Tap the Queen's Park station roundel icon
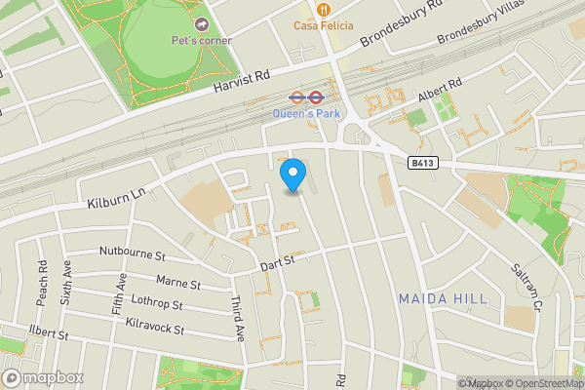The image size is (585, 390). [x=299, y=97]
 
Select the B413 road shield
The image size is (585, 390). [x=421, y=164]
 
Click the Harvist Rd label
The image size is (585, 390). [x=241, y=81]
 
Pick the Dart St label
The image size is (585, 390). [x=277, y=262]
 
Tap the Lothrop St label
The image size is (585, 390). [x=155, y=306]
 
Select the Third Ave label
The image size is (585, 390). [x=239, y=318]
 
